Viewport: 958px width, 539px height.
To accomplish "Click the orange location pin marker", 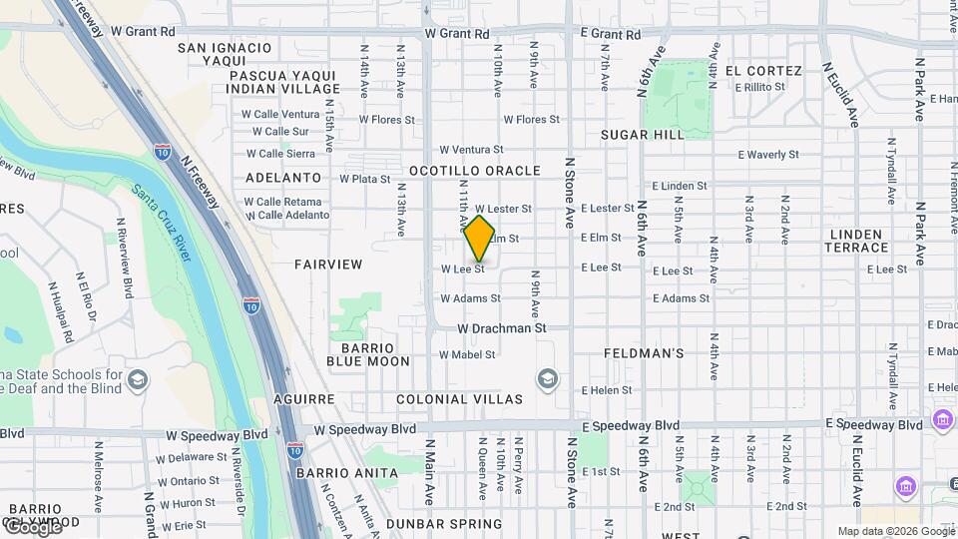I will [x=480, y=239].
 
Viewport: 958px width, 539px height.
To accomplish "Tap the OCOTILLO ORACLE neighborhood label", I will [x=474, y=171].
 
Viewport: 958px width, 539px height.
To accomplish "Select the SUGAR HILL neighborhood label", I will [x=642, y=135].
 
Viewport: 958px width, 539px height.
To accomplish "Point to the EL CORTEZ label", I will [x=763, y=71].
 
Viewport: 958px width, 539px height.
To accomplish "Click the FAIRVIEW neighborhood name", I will [x=328, y=265].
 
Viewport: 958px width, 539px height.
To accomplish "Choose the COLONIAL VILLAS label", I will [x=459, y=399].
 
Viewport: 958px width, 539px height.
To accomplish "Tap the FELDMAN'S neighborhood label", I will [x=644, y=353].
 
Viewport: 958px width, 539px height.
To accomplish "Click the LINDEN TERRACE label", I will [x=858, y=241].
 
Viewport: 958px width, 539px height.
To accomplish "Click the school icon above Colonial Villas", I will [x=547, y=378].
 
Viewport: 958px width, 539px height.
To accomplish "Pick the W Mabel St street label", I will [x=468, y=354].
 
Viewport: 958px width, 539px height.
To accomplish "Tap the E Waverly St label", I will [x=768, y=155].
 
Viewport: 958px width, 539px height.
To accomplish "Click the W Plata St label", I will [x=364, y=180].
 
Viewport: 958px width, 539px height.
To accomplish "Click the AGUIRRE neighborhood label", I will [x=304, y=399].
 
